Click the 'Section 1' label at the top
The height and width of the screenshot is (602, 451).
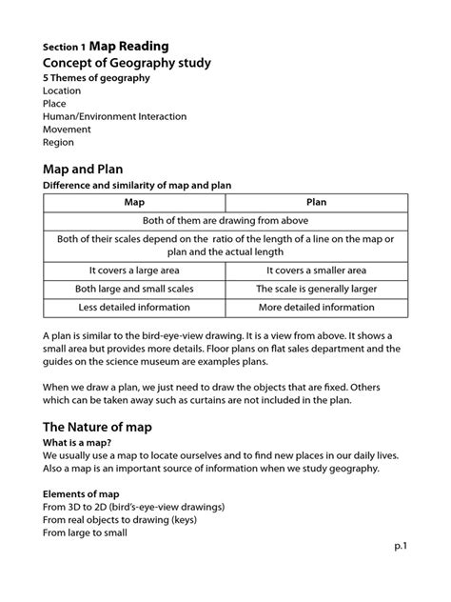[64, 47]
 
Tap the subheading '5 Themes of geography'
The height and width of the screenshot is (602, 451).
[96, 79]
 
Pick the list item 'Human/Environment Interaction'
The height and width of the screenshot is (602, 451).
[114, 116]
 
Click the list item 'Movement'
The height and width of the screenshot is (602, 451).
[67, 130]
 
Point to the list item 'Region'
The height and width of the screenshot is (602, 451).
[58, 143]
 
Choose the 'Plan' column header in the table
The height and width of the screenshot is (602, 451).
[316, 202]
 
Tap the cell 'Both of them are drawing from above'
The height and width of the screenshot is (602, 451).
[225, 219]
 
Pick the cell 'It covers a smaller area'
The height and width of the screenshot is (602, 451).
[316, 270]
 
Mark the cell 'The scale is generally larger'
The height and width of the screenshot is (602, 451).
[316, 289]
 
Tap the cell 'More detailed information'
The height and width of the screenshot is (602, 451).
[316, 308]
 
